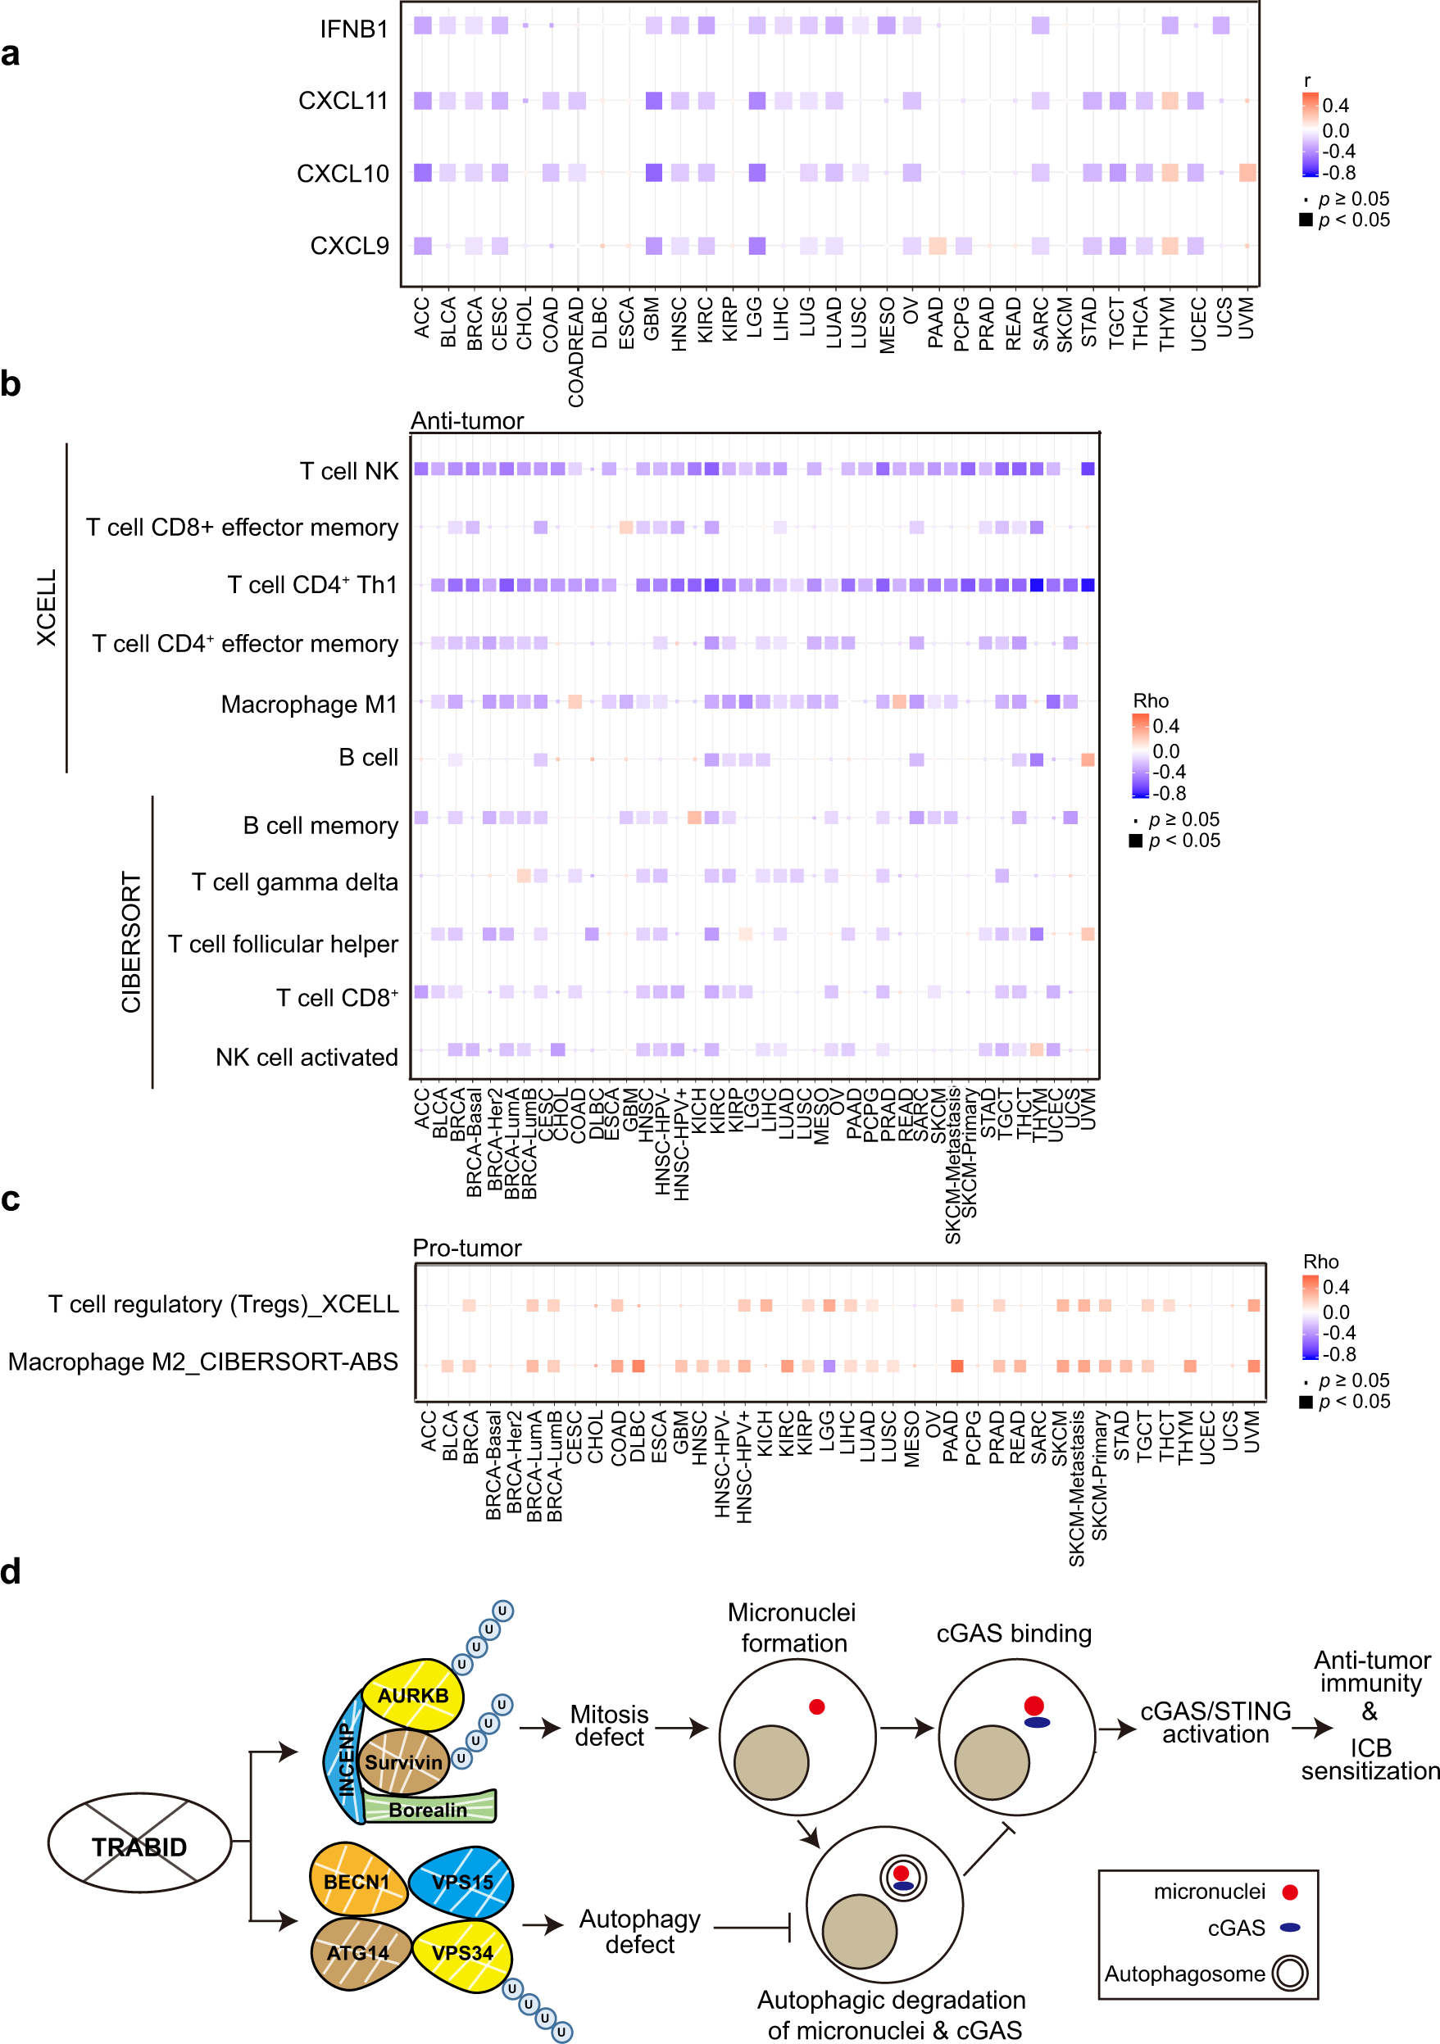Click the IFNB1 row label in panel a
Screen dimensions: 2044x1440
(x=353, y=29)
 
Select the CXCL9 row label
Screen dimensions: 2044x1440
(x=349, y=246)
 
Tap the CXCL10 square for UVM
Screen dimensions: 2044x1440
(x=1247, y=173)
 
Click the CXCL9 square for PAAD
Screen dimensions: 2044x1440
(x=937, y=246)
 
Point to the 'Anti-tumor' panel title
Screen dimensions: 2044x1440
(x=466, y=420)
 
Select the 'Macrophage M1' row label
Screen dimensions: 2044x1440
(x=308, y=705)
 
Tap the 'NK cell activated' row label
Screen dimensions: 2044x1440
(x=307, y=1057)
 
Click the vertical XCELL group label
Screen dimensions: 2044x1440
(x=47, y=607)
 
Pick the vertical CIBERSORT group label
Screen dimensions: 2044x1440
(x=131, y=942)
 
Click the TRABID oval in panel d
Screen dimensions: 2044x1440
(x=139, y=1847)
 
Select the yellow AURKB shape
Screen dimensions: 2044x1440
(x=413, y=1695)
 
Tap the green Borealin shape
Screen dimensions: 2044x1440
(x=429, y=1810)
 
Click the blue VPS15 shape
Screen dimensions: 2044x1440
(x=461, y=1882)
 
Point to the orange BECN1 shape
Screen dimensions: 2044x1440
(x=357, y=1882)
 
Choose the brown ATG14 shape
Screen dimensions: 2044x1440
(x=358, y=1953)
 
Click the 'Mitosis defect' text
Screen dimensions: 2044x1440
(x=609, y=1725)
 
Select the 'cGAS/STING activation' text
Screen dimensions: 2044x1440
(x=1215, y=1722)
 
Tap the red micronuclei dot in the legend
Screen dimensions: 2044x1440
(x=1288, y=1892)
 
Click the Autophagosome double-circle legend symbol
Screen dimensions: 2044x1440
(x=1289, y=1974)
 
